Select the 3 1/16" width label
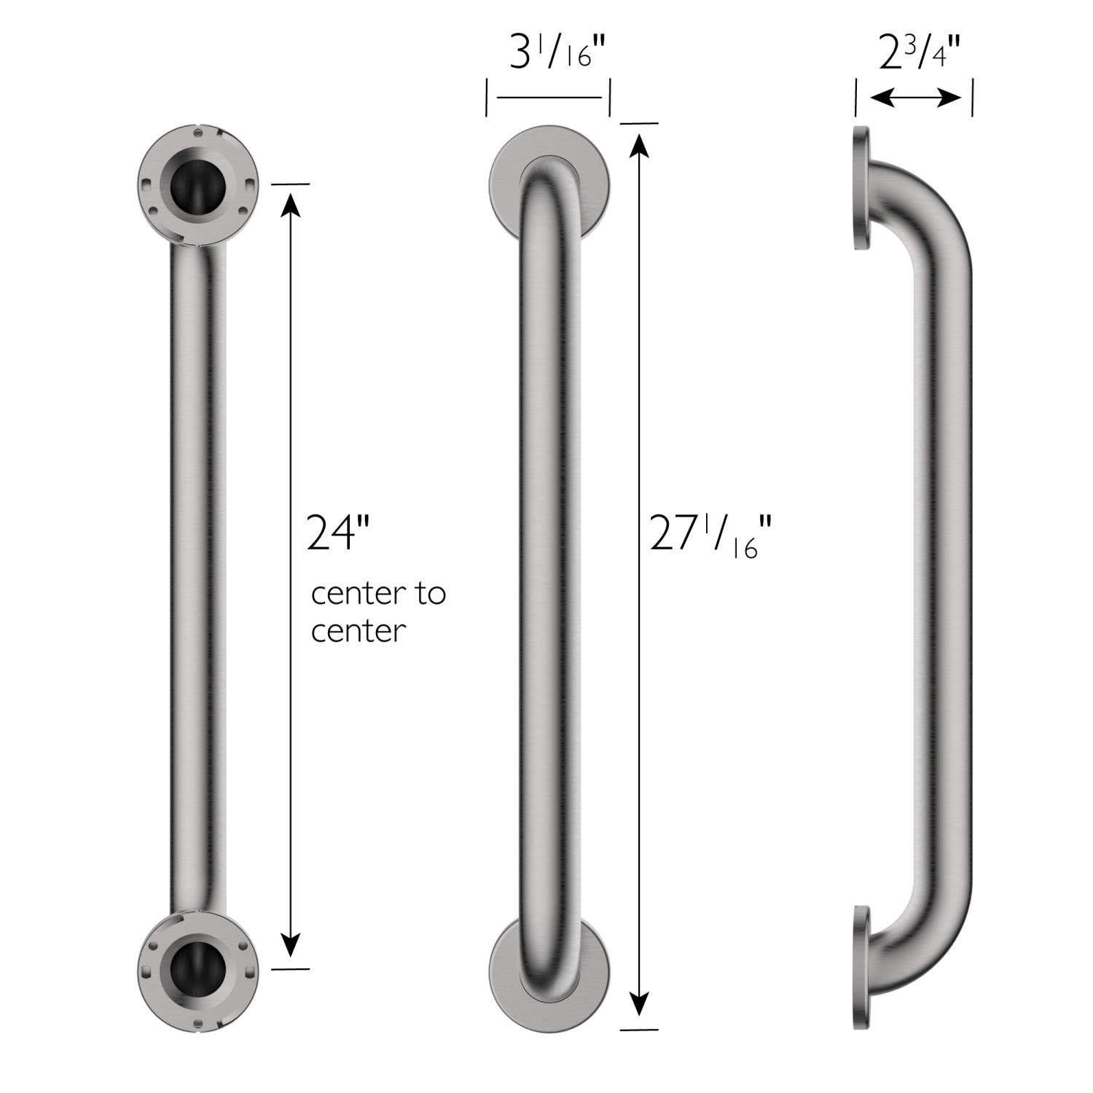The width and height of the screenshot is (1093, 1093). point(557,55)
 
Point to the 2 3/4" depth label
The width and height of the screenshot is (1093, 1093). point(919,55)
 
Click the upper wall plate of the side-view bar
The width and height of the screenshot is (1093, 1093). point(861,188)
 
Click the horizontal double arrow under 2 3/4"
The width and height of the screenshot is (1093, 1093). point(915,98)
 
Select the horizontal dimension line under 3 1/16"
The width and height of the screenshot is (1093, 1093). point(548,98)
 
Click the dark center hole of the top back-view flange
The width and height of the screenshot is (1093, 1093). point(197,188)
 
